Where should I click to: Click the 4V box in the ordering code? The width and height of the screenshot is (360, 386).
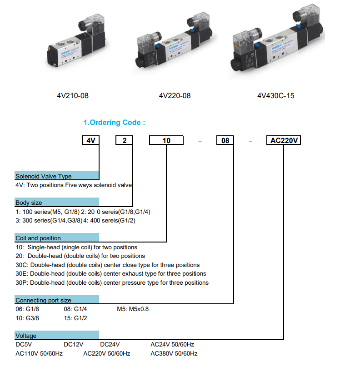(90, 140)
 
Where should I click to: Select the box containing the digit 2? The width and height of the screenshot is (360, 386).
(124, 140)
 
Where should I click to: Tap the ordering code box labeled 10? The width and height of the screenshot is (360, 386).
(166, 140)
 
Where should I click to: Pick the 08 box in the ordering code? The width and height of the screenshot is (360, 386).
(225, 140)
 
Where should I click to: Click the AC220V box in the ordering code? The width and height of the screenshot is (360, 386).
(284, 140)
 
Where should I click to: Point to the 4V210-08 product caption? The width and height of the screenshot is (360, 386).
(73, 95)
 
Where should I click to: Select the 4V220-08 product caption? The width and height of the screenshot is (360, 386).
(175, 95)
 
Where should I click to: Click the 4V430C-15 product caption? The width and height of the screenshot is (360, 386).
(276, 95)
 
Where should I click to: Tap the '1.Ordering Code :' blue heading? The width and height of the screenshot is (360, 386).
(115, 122)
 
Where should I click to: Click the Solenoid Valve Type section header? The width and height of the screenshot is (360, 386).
(57, 176)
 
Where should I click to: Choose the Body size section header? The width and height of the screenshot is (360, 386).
(57, 202)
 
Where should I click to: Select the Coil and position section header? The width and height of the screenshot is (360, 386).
(57, 238)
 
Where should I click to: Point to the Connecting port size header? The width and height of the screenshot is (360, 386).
(57, 299)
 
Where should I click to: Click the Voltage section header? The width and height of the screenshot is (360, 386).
(57, 335)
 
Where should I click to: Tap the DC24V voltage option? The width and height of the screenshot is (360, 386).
(110, 344)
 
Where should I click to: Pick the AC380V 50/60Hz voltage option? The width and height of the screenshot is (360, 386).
(174, 353)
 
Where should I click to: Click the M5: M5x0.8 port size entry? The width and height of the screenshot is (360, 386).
(133, 309)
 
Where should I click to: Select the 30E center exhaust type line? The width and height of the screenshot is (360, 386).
(111, 274)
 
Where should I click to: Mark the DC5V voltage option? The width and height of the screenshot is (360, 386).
(24, 344)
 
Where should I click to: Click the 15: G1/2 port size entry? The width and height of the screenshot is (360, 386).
(75, 318)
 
